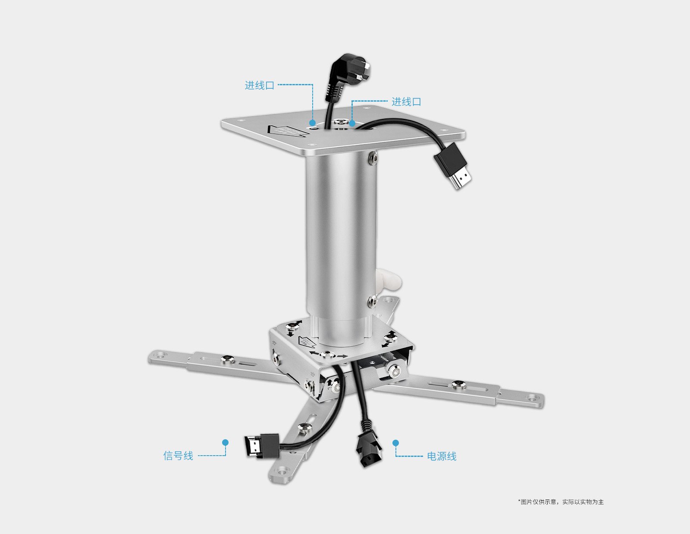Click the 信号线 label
(178, 456)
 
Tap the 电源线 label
(442, 456)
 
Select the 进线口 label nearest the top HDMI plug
(406, 102)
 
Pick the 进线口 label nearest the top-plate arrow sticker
(260, 85)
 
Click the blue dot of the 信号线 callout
(226, 442)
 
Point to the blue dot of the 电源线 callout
(395, 443)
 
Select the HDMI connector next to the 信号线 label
(262, 446)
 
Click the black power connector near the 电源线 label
(368, 447)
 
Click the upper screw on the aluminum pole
(373, 158)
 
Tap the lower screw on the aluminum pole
(372, 301)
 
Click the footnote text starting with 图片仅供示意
(561, 502)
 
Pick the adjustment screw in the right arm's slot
(459, 385)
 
